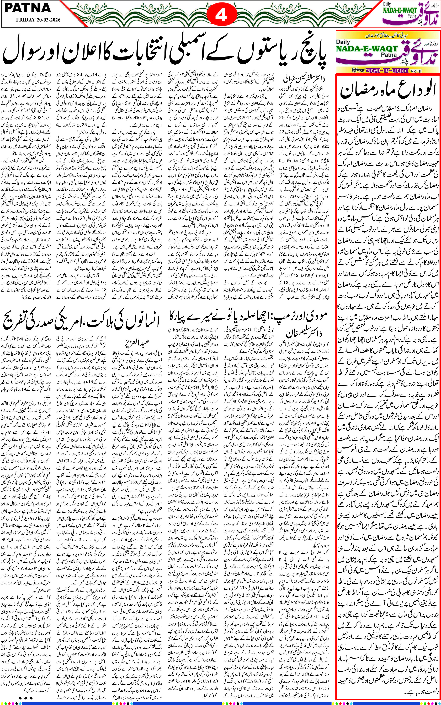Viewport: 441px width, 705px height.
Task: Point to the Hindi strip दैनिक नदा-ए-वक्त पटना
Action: tap(388, 70)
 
